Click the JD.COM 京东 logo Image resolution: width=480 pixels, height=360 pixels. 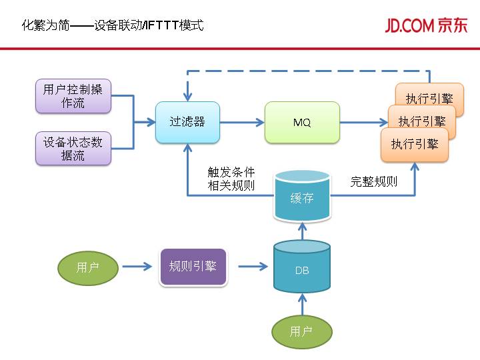click(426, 25)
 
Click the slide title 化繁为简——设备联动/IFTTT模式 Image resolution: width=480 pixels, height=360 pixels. click(113, 26)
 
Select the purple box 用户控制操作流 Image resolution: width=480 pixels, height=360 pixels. click(73, 96)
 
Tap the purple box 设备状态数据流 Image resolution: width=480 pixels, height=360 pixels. click(73, 148)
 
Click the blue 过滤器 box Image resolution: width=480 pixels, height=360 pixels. click(187, 122)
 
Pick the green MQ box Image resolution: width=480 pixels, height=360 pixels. click(302, 122)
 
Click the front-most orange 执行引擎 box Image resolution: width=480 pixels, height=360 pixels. click(414, 145)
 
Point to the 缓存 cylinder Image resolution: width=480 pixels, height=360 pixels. click(302, 197)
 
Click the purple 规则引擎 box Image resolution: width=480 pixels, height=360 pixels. click(193, 267)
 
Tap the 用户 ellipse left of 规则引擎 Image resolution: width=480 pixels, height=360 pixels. click(87, 268)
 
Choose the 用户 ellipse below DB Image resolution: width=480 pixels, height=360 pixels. click(301, 331)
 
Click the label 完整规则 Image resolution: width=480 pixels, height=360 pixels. click(374, 181)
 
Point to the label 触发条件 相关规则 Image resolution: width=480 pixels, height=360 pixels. click(231, 179)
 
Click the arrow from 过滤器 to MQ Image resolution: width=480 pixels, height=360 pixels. click(241, 122)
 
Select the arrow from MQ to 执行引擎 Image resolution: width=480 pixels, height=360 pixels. click(363, 122)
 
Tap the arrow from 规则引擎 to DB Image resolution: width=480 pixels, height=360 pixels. click(253, 267)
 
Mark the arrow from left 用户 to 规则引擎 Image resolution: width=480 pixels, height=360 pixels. click(137, 268)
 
